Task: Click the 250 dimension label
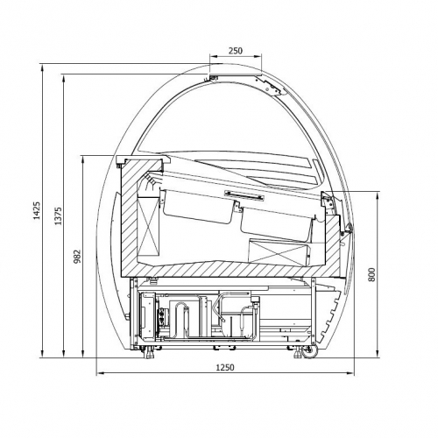pyautogui.click(x=236, y=51)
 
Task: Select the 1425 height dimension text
pyautogui.click(x=37, y=210)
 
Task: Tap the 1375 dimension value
pyautogui.click(x=59, y=216)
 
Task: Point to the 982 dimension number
pyautogui.click(x=77, y=257)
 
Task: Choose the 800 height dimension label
pyautogui.click(x=371, y=274)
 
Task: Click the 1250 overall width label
pyautogui.click(x=225, y=367)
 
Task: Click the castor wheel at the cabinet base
pyautogui.click(x=310, y=351)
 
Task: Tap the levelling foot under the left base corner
pyautogui.click(x=149, y=352)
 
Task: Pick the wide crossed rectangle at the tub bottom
pyautogui.click(x=278, y=252)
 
